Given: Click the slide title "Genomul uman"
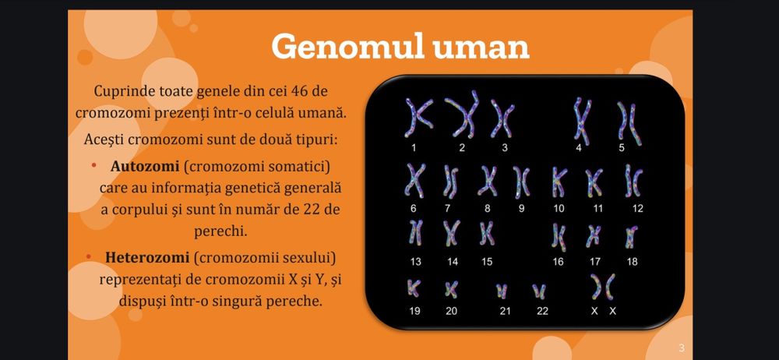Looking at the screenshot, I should click(x=400, y=47).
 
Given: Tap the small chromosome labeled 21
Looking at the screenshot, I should click(x=502, y=291).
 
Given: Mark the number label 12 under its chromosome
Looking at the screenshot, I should click(x=638, y=208).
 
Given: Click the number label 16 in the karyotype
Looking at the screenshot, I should click(x=558, y=262).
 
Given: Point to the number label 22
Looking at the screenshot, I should click(x=542, y=311).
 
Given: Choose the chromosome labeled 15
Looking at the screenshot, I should click(x=487, y=233).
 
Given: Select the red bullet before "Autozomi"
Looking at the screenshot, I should click(x=93, y=166).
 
